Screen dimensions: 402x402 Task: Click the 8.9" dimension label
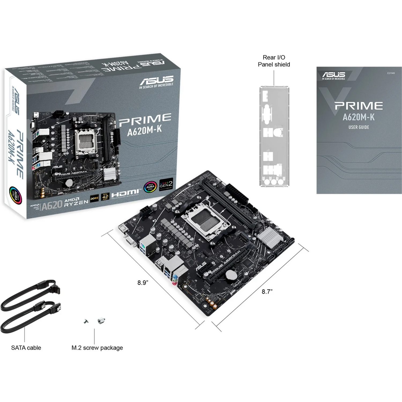[x=143, y=282]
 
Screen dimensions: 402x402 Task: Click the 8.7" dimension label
[x=267, y=292]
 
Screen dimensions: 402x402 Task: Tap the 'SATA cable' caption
[x=26, y=348]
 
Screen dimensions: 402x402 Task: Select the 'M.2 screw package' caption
[x=97, y=348]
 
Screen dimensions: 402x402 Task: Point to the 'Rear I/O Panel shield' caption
[x=274, y=61]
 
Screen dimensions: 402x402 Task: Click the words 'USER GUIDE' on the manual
[x=359, y=127]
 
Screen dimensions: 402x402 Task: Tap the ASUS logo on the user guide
[x=334, y=75]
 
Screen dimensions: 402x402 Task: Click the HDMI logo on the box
[x=125, y=193]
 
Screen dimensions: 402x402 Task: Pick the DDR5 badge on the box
[x=94, y=198]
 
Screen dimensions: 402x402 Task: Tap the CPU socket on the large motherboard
[x=206, y=220]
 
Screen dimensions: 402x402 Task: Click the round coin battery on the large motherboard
[x=230, y=275]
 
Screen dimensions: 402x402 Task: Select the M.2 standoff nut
[x=101, y=320]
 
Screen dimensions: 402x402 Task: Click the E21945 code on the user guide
[x=391, y=73]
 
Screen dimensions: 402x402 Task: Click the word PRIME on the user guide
[x=359, y=106]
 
